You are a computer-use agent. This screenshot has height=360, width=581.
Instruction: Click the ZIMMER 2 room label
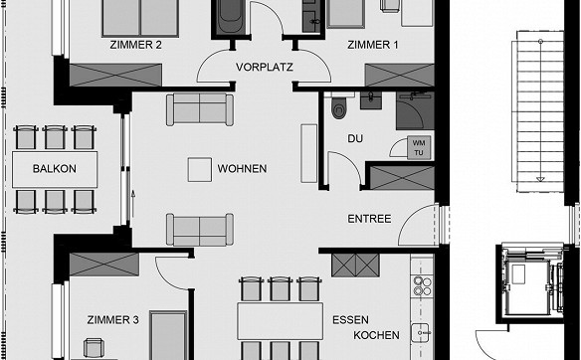tap(135, 45)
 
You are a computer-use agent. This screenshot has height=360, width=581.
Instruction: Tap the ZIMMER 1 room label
tap(373, 45)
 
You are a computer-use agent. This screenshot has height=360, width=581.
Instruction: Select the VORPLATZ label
tap(265, 67)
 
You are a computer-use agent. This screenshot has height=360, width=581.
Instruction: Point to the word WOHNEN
tap(242, 168)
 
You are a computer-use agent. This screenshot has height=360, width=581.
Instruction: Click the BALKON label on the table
tap(55, 169)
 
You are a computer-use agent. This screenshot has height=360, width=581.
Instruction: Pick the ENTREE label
tap(369, 219)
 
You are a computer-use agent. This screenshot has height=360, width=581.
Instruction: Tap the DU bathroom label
tap(355, 138)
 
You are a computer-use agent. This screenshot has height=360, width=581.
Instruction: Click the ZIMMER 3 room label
tap(113, 319)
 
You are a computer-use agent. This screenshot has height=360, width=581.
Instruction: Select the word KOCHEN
tap(376, 335)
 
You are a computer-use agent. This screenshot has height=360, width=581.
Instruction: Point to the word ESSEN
tap(350, 319)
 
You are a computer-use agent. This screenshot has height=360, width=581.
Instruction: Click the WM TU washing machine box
tap(419, 148)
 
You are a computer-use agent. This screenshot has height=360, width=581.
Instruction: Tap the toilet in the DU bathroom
tap(338, 106)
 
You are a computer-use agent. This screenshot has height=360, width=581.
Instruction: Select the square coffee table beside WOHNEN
tap(200, 170)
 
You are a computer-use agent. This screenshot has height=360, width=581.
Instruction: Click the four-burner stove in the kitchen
tap(422, 286)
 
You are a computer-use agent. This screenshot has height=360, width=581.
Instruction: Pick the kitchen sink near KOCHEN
tap(420, 333)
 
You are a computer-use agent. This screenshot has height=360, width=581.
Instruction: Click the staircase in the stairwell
tap(537, 111)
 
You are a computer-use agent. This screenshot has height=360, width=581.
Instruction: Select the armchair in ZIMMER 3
tap(91, 348)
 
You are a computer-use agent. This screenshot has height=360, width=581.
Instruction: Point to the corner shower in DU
tap(415, 111)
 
